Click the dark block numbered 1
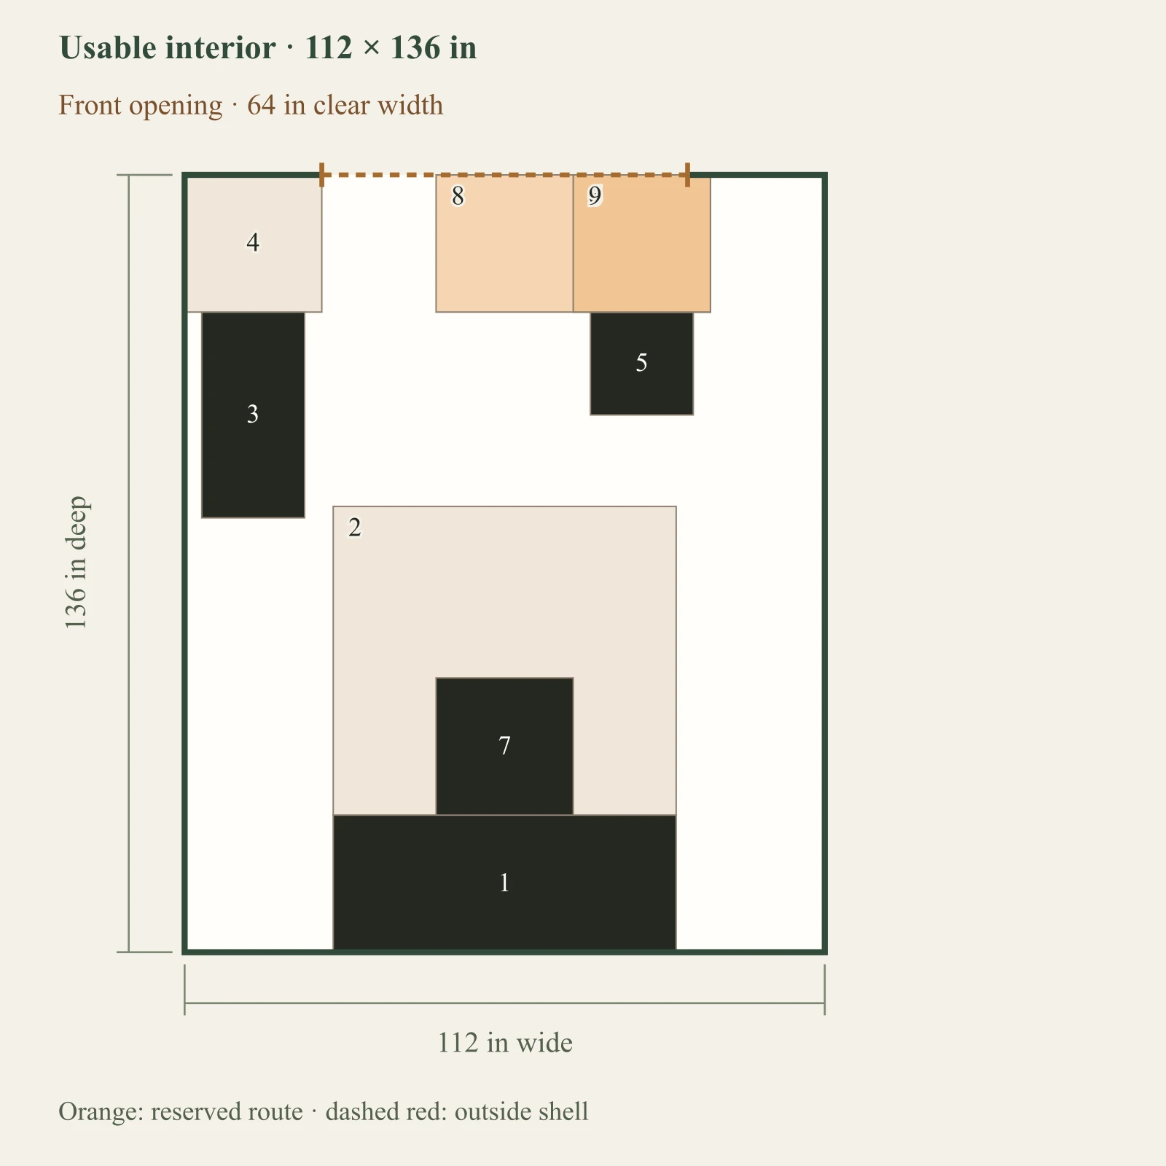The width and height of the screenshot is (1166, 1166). click(x=504, y=883)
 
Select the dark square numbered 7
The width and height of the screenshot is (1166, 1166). click(x=504, y=746)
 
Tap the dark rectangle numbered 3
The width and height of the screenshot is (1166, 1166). click(x=253, y=415)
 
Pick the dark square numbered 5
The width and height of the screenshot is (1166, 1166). click(x=641, y=363)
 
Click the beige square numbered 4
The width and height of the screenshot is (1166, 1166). click(x=254, y=243)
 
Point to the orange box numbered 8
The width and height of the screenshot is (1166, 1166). click(x=504, y=243)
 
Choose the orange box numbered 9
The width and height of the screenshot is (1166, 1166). click(x=641, y=243)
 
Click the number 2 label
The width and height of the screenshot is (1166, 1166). click(x=355, y=527)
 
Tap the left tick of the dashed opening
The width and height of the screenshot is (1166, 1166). click(x=321, y=175)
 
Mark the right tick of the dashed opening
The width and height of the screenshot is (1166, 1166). click(x=687, y=175)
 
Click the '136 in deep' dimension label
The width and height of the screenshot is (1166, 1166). click(x=76, y=563)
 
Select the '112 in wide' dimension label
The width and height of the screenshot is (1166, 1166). click(x=504, y=1043)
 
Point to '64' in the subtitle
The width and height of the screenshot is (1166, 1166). click(x=262, y=105)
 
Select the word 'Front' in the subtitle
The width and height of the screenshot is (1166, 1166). click(x=90, y=105)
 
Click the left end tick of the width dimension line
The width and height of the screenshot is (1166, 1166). click(x=185, y=990)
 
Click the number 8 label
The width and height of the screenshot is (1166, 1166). click(x=458, y=196)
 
